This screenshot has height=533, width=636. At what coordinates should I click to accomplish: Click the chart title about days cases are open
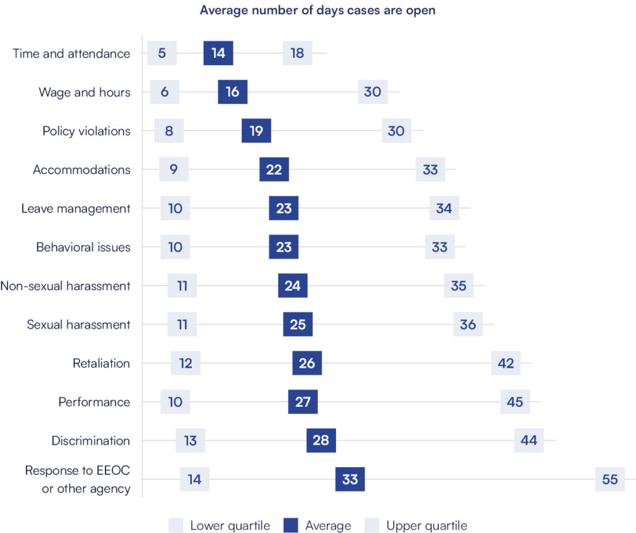(317, 11)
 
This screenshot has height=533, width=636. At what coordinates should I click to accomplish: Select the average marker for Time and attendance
(218, 53)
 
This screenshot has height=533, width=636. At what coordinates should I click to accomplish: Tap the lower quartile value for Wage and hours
(165, 92)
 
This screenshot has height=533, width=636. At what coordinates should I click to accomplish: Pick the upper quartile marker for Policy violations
(396, 131)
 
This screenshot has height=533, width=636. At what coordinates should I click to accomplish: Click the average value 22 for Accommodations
(274, 170)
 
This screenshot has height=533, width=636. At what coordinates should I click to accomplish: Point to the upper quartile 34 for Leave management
(444, 208)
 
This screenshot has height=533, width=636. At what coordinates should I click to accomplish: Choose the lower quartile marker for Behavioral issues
(175, 247)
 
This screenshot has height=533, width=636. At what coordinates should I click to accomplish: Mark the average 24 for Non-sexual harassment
(293, 286)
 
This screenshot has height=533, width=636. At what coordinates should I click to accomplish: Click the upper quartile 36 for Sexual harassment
(468, 324)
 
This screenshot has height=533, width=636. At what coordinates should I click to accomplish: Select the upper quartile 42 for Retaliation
(506, 363)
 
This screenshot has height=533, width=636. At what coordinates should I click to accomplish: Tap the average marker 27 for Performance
(302, 402)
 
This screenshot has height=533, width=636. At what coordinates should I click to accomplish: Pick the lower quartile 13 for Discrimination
(190, 440)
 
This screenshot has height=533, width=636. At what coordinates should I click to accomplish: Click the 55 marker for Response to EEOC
(610, 480)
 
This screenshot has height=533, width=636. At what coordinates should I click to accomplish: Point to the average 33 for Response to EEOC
(350, 480)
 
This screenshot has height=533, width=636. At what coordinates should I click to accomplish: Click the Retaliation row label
(101, 363)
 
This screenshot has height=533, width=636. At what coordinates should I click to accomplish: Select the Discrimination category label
(91, 440)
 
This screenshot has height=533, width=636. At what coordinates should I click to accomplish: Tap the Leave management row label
(76, 208)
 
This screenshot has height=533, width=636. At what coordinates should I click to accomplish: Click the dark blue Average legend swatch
(291, 526)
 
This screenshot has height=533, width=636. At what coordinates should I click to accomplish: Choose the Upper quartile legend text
(427, 526)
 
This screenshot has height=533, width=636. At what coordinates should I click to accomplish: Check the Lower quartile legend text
(230, 526)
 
